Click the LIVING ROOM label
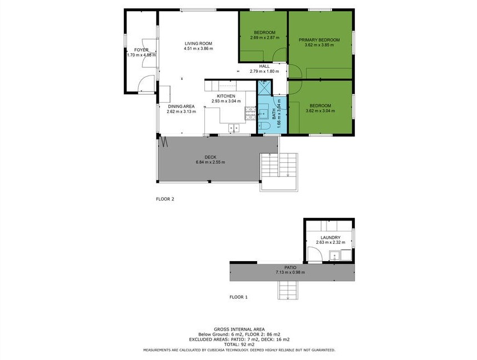pos(198,43)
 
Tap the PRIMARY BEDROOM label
pos(319,40)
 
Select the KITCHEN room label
pos(226,96)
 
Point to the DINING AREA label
pos(182,107)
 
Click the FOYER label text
pos(142,50)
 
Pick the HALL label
pos(264,66)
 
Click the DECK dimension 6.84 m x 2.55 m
pos(210,162)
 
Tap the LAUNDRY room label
pos(330,238)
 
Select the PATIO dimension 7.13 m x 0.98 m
pos(290,272)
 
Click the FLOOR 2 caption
pos(165,199)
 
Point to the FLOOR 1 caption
pos(239,297)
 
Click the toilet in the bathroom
pos(263,126)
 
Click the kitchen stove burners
pos(250,113)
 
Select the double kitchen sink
pos(234,128)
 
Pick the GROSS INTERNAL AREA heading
pos(239,329)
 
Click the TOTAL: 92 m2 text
pos(239,344)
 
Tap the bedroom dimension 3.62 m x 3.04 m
pos(320,111)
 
